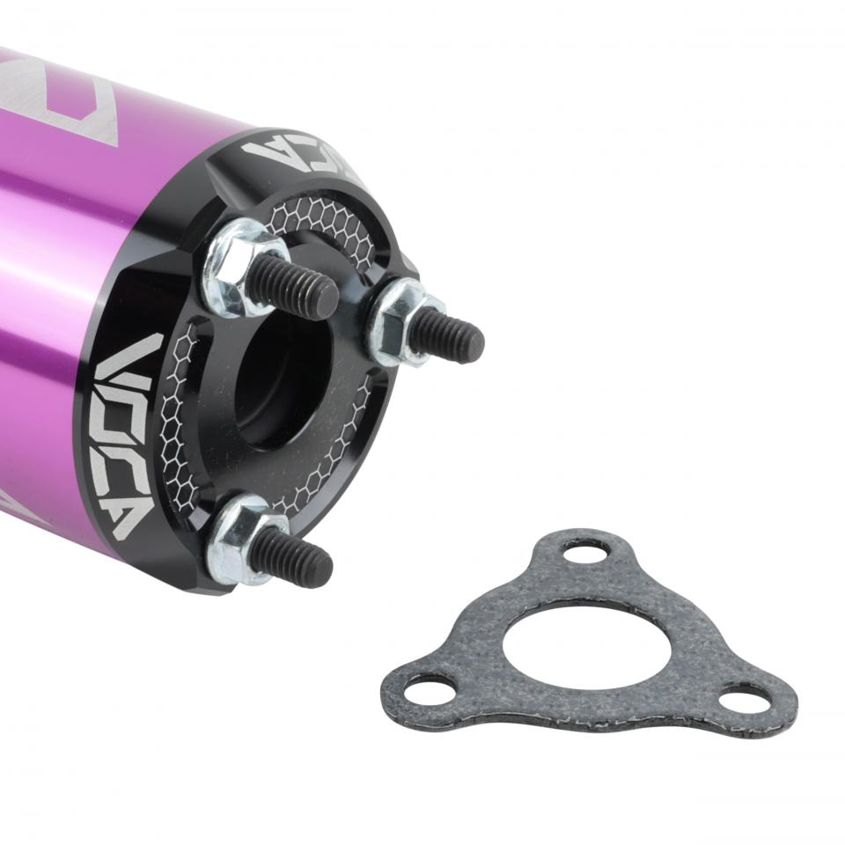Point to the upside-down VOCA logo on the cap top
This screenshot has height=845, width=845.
click(x=299, y=153)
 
